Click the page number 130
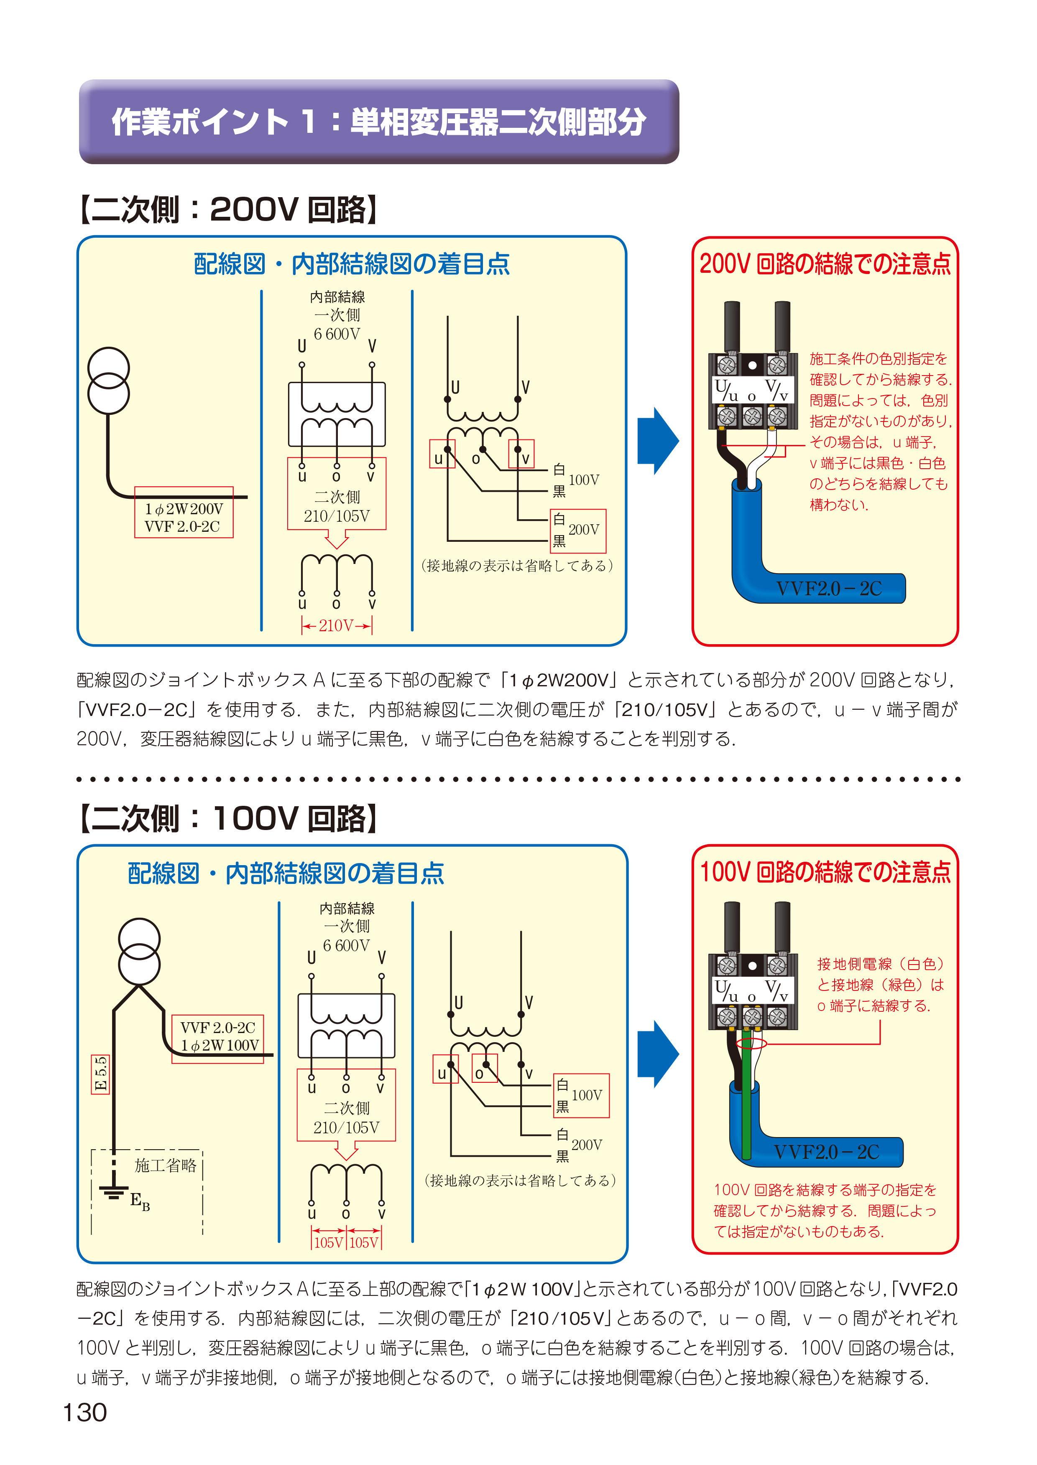85,1412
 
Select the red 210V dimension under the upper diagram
337,625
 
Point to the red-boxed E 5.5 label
101,1074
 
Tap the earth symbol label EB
140,1201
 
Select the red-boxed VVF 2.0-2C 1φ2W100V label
218,1036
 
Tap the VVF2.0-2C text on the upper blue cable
828,588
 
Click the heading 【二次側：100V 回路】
228,819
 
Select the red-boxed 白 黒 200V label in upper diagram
578,530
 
